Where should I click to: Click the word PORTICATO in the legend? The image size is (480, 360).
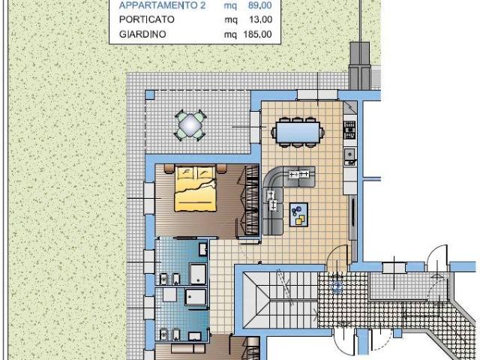pyautogui.click(x=147, y=19)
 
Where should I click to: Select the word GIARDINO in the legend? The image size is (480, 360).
pyautogui.click(x=142, y=34)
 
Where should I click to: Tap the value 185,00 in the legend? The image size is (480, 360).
pyautogui.click(x=257, y=34)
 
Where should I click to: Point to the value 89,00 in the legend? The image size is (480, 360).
pyautogui.click(x=260, y=5)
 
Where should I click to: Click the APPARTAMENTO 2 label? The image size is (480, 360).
pyautogui.click(x=162, y=5)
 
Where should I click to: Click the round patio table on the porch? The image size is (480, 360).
pyautogui.click(x=190, y=125)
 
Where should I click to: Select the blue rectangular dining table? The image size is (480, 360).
pyautogui.click(x=298, y=133)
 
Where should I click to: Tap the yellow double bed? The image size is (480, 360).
pyautogui.click(x=195, y=188)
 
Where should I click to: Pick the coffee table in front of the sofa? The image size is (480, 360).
pyautogui.click(x=298, y=215)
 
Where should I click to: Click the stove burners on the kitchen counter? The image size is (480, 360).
pyautogui.click(x=349, y=130)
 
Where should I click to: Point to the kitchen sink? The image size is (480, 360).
pyautogui.click(x=350, y=154)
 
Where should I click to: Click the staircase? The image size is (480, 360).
pyautogui.click(x=280, y=300)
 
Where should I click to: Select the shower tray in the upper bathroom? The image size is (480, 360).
pyautogui.click(x=198, y=274)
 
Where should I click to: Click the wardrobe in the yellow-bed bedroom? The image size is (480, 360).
pyautogui.click(x=248, y=200)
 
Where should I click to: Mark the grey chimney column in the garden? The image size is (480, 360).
pyautogui.click(x=360, y=66)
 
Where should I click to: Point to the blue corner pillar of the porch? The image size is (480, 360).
pyautogui.click(x=150, y=95)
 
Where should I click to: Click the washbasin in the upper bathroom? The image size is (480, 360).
pyautogui.click(x=203, y=249)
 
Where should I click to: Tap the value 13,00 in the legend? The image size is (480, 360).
pyautogui.click(x=260, y=19)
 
